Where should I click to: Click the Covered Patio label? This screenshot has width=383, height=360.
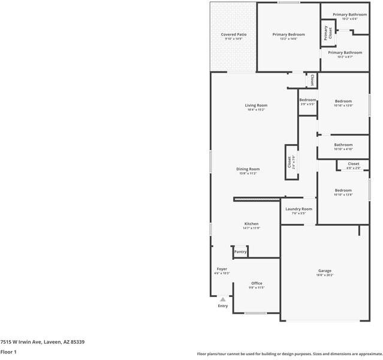tap(233, 35)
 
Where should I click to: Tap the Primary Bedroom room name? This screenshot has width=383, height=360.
tap(288, 35)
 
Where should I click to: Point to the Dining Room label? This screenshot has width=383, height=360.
tap(248, 169)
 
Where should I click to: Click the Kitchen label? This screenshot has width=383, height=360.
tap(251, 224)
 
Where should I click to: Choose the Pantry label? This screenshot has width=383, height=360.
tap(240, 252)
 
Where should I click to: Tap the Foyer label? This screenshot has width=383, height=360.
tap(222, 269)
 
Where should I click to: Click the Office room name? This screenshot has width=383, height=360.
tap(257, 283)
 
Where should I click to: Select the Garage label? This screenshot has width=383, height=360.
tap(325, 271)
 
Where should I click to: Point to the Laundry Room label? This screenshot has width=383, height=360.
tap(298, 209)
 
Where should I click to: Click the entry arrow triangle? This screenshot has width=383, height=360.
tap(223, 299)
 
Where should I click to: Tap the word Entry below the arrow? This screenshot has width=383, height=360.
tap(223, 306)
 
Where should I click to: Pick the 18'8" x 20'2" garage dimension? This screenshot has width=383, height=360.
tap(325, 275)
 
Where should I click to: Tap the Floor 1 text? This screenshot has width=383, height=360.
tap(8, 352)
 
